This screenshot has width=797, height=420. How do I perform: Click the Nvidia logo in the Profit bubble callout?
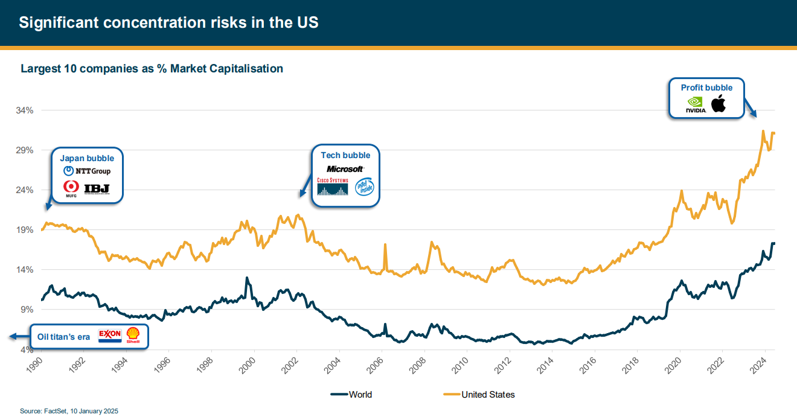(696, 106)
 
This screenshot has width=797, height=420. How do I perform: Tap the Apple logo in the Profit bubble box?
(719, 104)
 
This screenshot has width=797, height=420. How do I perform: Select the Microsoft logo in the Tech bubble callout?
(345, 169)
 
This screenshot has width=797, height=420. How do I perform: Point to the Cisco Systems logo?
(333, 186)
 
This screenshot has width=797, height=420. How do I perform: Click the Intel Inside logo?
(364, 187)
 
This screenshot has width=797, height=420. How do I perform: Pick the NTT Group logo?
(87, 171)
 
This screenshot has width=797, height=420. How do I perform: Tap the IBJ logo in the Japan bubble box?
(97, 189)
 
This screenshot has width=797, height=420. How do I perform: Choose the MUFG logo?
(71, 189)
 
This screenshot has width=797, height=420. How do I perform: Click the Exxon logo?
(110, 336)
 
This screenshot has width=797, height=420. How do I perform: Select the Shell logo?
(133, 336)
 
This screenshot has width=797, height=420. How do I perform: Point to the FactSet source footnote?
(69, 411)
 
